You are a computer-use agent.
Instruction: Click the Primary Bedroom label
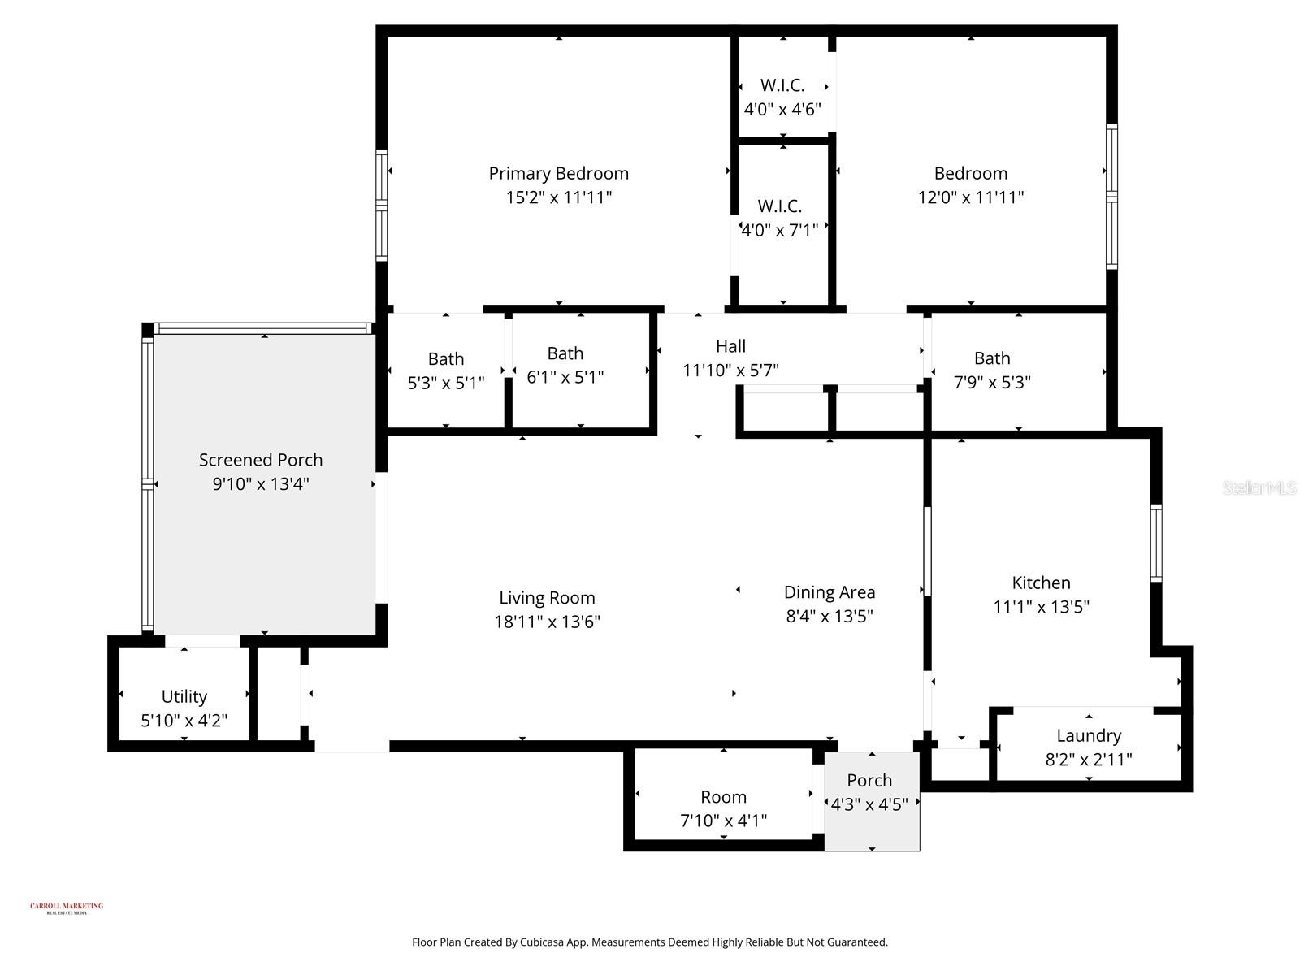(558, 173)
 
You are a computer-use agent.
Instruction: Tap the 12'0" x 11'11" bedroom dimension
(970, 197)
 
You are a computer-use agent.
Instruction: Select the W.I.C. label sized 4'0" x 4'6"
(782, 85)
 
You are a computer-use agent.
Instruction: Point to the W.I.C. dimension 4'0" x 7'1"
(779, 231)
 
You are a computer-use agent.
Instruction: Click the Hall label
(730, 346)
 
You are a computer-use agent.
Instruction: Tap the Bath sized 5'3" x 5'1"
(446, 359)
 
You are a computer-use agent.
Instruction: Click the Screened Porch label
(261, 460)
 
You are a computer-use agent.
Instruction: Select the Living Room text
(547, 598)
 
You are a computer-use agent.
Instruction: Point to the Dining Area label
(829, 592)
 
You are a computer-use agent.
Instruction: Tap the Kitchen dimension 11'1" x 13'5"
(1041, 607)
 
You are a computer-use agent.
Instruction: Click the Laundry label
(1089, 735)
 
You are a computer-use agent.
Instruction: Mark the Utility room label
(184, 696)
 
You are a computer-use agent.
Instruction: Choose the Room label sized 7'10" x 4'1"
(723, 797)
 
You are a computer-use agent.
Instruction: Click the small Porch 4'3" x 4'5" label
(869, 781)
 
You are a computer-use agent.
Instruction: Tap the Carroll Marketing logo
(67, 908)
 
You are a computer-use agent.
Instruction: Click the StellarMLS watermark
(1259, 487)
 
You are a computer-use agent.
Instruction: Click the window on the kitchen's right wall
(1156, 542)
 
